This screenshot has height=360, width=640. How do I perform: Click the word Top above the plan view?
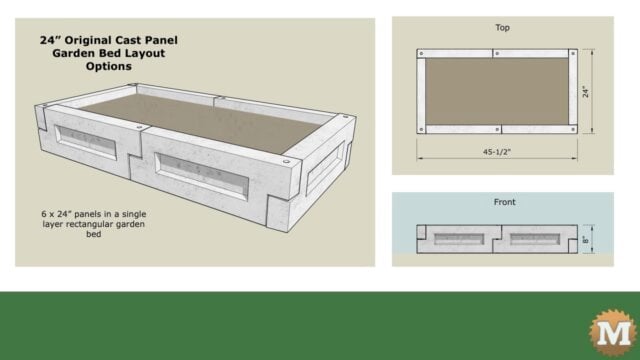(x=503, y=29)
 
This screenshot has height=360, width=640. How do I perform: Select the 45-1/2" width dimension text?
(x=502, y=153)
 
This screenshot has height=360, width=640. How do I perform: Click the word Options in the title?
(x=108, y=67)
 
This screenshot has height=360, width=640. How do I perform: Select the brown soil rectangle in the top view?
(x=501, y=92)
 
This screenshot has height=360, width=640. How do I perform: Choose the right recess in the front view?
(x=539, y=240)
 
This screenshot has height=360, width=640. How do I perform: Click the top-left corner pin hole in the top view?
(x=423, y=52)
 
